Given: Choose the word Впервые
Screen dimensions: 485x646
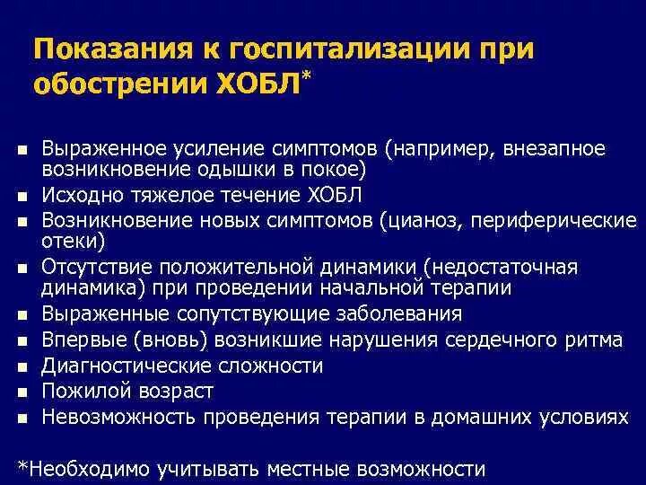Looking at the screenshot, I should (82, 340).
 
